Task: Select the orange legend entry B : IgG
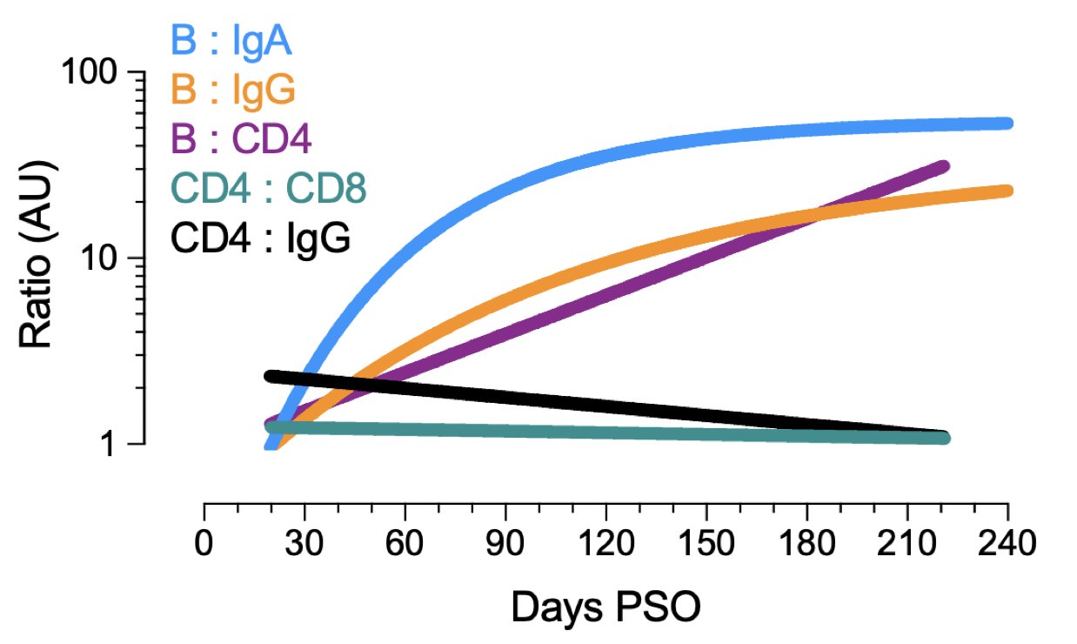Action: point(231,90)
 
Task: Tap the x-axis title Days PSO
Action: point(605,607)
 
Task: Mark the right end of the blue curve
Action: point(1007,124)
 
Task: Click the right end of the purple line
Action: point(944,165)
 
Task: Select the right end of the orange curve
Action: point(1007,191)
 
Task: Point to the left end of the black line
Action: point(271,376)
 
